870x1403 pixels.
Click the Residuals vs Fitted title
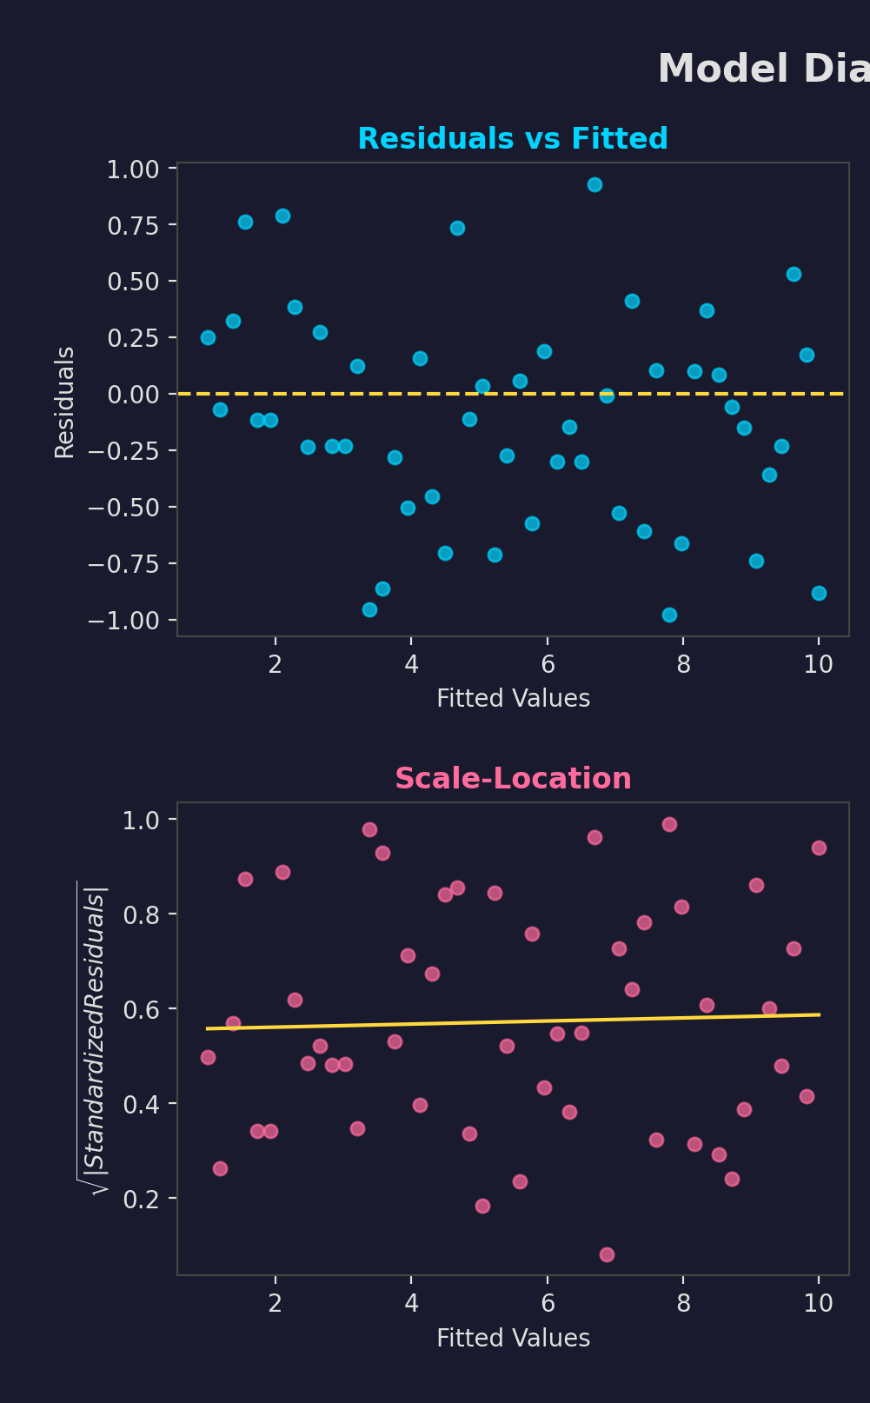[x=513, y=139]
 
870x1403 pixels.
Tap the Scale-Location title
[x=513, y=778]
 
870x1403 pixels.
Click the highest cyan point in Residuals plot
[x=594, y=184]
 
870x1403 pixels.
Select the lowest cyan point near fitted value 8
[x=669, y=615]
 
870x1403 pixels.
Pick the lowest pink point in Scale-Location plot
[x=607, y=1254]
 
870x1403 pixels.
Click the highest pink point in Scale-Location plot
[x=669, y=824]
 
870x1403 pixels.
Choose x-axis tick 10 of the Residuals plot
[x=818, y=665]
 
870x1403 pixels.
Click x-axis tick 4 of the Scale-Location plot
[x=411, y=1303]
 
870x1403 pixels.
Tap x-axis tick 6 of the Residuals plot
[x=547, y=665]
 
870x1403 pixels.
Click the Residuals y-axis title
[x=65, y=402]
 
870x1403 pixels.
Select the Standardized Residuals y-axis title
[x=95, y=1039]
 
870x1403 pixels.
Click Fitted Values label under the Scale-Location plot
[x=513, y=1338]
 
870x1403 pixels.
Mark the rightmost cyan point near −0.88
[x=819, y=593]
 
